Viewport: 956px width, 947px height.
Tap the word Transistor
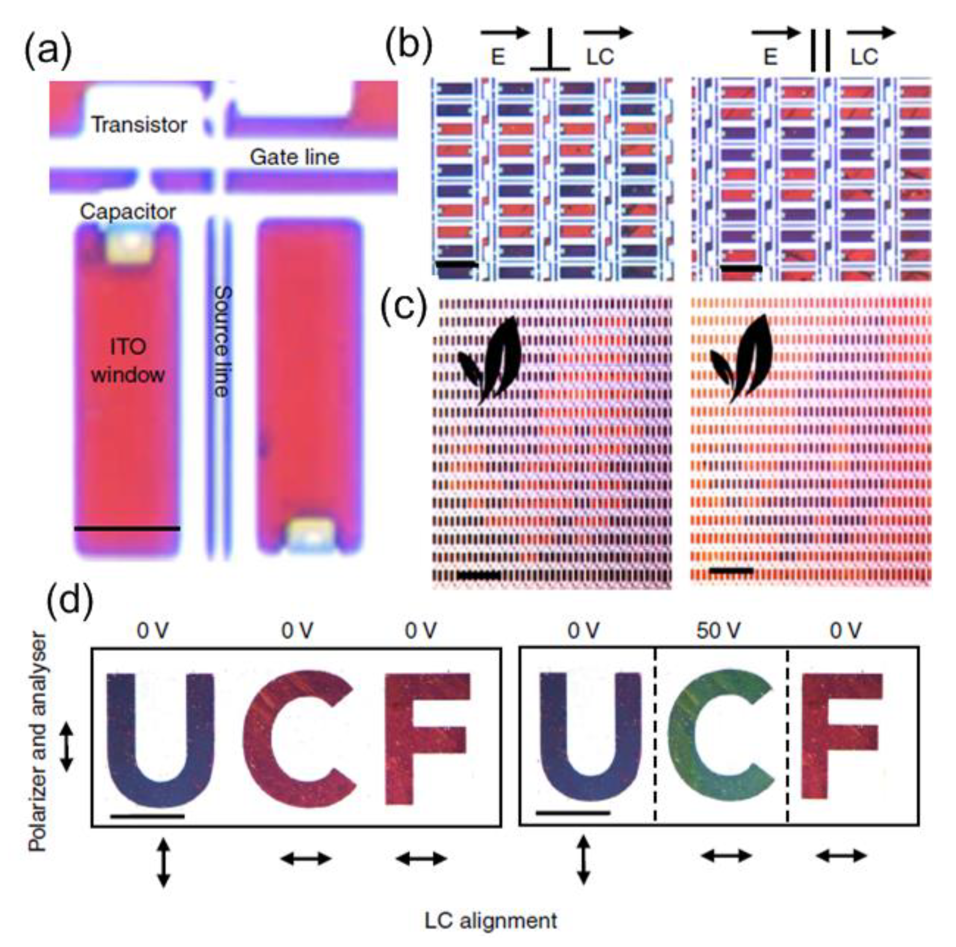click(x=139, y=124)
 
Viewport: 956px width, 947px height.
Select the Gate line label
click(x=294, y=157)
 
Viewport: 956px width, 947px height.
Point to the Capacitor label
click(x=128, y=212)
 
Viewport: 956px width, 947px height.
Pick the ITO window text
click(x=128, y=361)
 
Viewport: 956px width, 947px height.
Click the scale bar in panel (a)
click(x=127, y=528)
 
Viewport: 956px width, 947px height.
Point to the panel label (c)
click(x=403, y=308)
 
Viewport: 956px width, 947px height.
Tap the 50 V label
click(x=719, y=631)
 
